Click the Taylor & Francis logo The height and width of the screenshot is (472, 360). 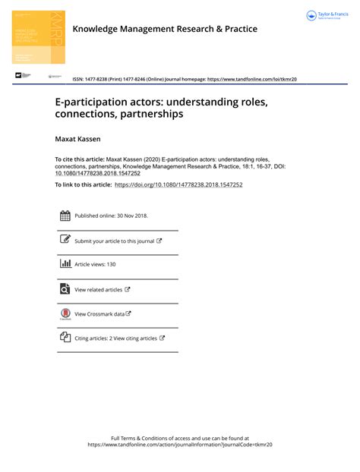[x=327, y=16]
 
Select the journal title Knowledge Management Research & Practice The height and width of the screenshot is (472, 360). [x=164, y=30]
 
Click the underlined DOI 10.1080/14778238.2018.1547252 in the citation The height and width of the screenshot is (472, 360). [x=97, y=173]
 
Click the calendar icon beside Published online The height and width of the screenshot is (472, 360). [x=65, y=216]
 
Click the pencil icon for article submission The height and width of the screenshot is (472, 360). [x=65, y=240]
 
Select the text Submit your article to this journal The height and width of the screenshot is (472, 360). [x=115, y=241]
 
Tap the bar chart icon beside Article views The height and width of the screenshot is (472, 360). [x=65, y=264]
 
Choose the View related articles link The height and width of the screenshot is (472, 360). [x=99, y=289]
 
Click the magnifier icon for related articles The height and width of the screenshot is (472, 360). [x=65, y=288]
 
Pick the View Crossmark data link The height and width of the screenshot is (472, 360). [x=99, y=313]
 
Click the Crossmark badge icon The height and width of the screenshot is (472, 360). [x=65, y=314]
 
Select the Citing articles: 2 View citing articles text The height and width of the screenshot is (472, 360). [x=116, y=338]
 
